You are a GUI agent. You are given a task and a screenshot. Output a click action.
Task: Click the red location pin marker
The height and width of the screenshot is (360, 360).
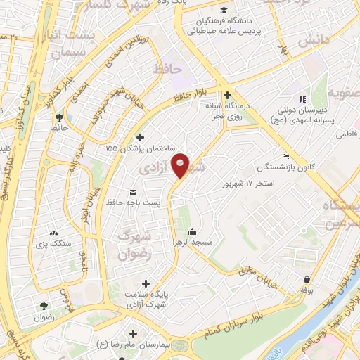pyautogui.click(x=181, y=165)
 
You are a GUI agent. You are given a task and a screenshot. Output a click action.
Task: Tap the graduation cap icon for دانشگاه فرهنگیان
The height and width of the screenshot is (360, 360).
pyautogui.click(x=223, y=11)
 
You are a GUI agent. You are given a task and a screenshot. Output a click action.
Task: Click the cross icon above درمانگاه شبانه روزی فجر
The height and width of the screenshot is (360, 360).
pyautogui.click(x=227, y=96)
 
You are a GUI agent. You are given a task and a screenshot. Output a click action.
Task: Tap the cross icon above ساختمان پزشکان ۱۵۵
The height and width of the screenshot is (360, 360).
pyautogui.click(x=140, y=137)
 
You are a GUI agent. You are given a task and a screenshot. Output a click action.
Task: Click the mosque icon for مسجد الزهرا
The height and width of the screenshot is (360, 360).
pyautogui.click(x=192, y=232)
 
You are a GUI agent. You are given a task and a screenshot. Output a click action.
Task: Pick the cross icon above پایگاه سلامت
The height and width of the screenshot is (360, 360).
pyautogui.click(x=145, y=283)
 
